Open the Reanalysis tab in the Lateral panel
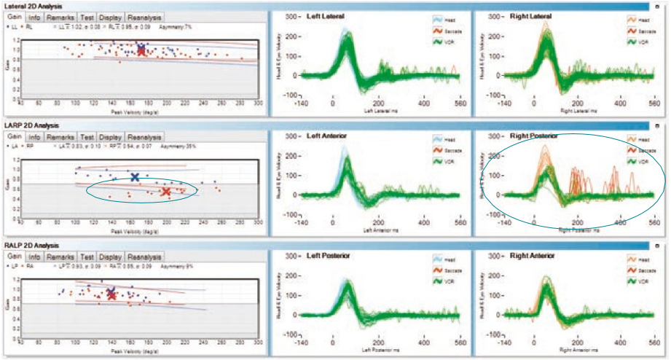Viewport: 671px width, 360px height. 144,17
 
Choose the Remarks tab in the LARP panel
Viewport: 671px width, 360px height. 61,137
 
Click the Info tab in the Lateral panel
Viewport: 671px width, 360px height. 34,17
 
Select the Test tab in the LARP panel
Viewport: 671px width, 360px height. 87,137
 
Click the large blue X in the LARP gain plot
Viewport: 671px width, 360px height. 135,176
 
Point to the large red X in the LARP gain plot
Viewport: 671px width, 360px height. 166,192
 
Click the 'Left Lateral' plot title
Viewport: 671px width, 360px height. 324,16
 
